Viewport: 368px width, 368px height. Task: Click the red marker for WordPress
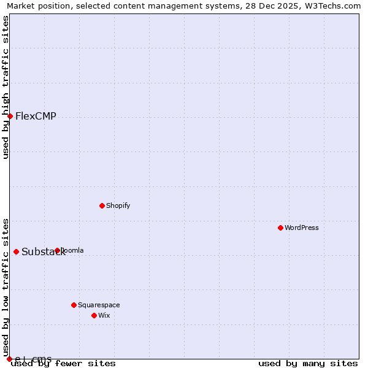pyautogui.click(x=280, y=228)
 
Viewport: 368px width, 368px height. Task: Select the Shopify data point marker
pyautogui.click(x=102, y=205)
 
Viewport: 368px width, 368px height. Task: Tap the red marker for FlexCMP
pyautogui.click(x=10, y=116)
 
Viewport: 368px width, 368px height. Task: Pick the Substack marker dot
pyautogui.click(x=16, y=251)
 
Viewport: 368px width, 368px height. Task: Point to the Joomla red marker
pyautogui.click(x=57, y=250)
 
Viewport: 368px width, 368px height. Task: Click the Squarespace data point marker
pyautogui.click(x=74, y=305)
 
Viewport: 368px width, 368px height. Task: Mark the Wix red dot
pyautogui.click(x=94, y=315)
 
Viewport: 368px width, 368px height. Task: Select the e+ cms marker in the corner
pyautogui.click(x=9, y=359)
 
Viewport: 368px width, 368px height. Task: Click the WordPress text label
pyautogui.click(x=302, y=228)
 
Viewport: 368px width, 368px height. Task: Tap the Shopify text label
pyautogui.click(x=118, y=205)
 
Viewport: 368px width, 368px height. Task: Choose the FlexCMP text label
pyautogui.click(x=36, y=116)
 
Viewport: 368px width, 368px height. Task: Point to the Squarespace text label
pyautogui.click(x=99, y=305)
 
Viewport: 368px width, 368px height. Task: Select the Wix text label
pyautogui.click(x=104, y=315)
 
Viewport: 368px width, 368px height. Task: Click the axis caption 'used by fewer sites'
pyautogui.click(x=64, y=363)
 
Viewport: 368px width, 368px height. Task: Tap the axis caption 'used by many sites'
pyautogui.click(x=308, y=363)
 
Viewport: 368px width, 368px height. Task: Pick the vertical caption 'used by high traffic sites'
pyautogui.click(x=6, y=87)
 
